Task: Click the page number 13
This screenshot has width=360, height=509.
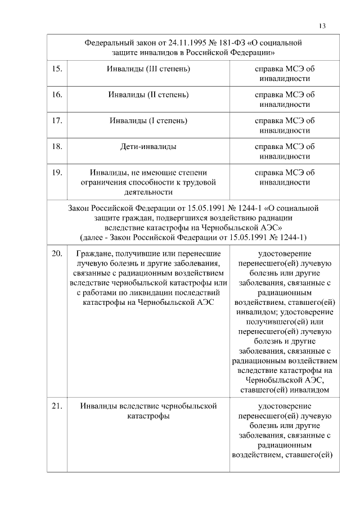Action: [x=322, y=26]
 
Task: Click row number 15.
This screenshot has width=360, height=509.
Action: [x=56, y=69]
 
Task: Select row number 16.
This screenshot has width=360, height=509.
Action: [x=56, y=94]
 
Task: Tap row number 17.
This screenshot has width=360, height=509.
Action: [x=56, y=120]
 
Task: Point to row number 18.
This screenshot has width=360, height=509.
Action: [x=56, y=147]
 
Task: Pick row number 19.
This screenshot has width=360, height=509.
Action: [x=56, y=173]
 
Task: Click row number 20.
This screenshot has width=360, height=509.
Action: [x=56, y=254]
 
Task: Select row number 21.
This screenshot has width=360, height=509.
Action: [x=56, y=406]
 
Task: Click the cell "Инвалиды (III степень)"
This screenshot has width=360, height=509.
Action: [x=148, y=69]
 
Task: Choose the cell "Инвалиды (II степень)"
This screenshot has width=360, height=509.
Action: [x=148, y=94]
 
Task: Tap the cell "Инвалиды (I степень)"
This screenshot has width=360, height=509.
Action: [x=148, y=120]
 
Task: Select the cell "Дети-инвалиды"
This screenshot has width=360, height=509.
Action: [x=148, y=147]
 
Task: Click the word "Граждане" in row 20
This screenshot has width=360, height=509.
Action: [x=91, y=254]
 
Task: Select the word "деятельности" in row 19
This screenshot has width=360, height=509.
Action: [x=148, y=192]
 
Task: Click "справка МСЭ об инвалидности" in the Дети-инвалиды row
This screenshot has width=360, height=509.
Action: [x=284, y=151]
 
